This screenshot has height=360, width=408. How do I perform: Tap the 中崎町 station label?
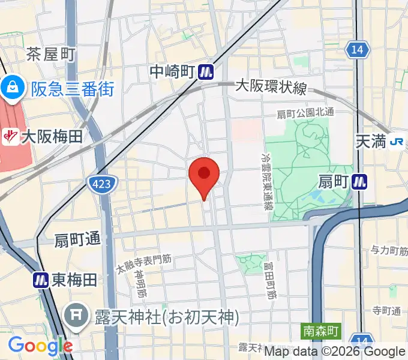pos(173,72)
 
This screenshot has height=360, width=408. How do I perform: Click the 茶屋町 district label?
pos(50,55)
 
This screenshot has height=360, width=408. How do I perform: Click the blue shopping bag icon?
pos(11,90)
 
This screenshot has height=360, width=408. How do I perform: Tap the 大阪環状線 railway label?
pos(271,88)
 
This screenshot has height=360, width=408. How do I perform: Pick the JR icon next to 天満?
pos(396,142)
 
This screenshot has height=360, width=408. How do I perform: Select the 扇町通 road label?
pos(77,239)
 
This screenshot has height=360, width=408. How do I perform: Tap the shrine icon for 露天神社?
pos(76,316)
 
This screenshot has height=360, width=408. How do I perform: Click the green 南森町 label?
pos(320,330)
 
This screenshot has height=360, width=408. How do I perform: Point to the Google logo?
pos(40,346)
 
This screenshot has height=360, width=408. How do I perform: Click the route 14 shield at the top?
pos(358,50)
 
